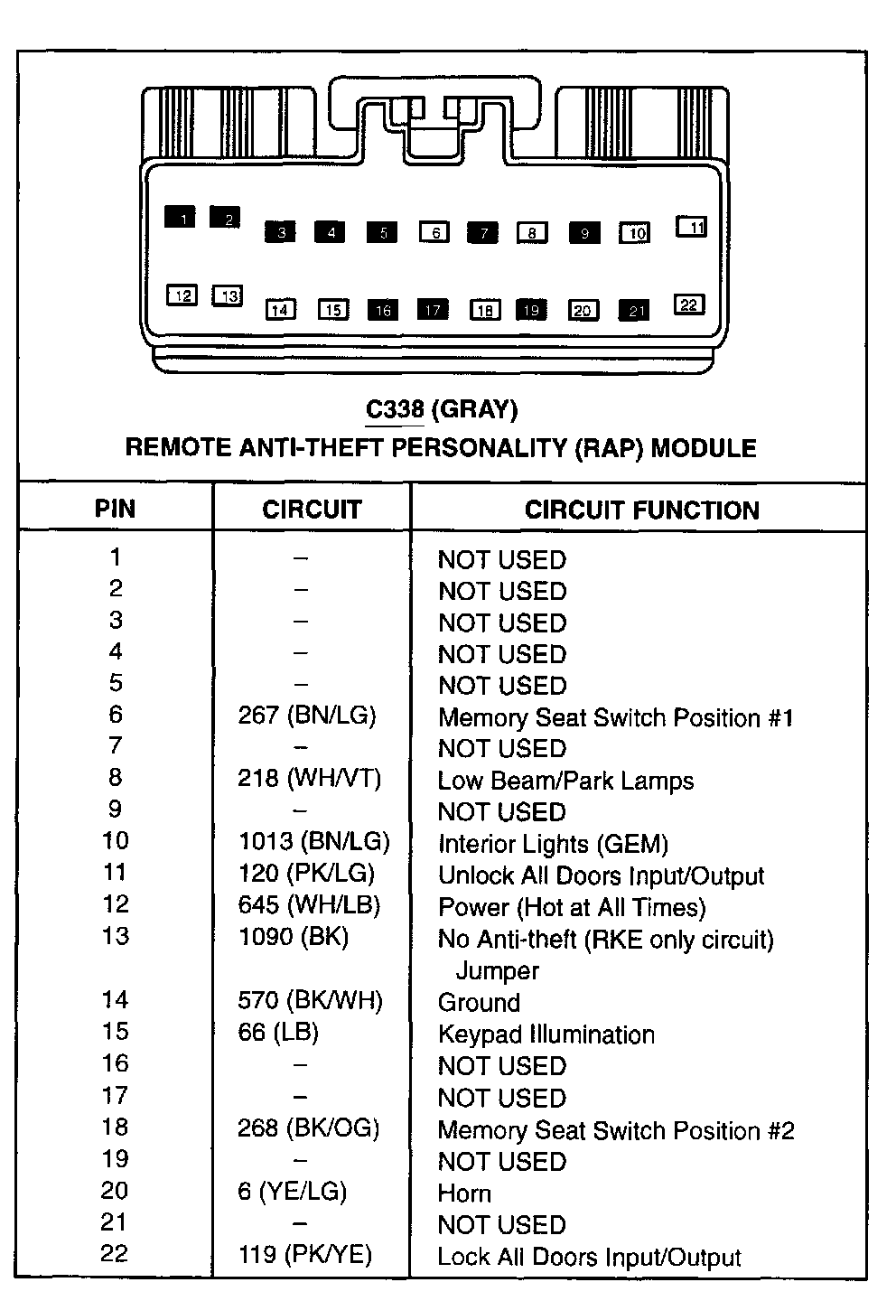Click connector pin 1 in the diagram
181,217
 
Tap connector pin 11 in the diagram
692,227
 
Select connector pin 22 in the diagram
689,304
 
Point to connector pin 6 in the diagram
434,232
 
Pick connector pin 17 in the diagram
433,310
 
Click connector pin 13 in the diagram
228,295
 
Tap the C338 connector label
395,409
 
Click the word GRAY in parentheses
475,409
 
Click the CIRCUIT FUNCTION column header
641,510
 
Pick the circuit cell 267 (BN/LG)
307,716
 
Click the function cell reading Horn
464,1193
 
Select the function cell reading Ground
479,1002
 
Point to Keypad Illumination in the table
546,1034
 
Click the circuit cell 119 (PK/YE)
305,1254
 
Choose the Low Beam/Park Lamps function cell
565,781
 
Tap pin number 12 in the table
115,904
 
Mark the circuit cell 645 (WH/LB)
309,904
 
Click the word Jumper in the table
497,971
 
